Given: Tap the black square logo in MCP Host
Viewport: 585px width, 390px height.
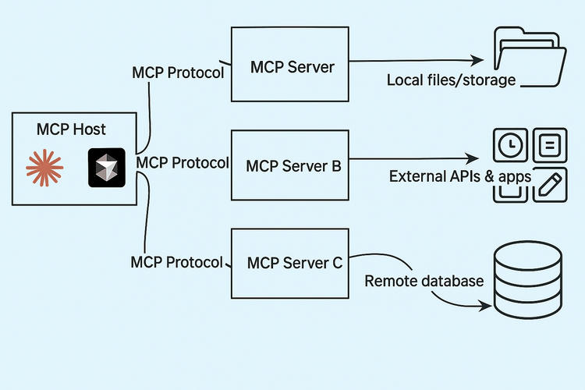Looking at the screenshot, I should click(107, 167).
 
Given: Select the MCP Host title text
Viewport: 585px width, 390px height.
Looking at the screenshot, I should click(71, 129).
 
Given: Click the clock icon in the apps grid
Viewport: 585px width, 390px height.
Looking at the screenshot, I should click(510, 145).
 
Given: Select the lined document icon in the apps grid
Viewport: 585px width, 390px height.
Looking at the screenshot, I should click(549, 145).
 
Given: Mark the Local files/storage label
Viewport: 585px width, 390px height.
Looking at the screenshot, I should click(451, 80).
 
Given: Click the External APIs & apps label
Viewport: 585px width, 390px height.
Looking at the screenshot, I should click(459, 177).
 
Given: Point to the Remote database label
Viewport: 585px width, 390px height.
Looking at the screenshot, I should click(424, 281).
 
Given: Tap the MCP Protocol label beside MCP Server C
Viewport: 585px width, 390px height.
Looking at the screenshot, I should click(177, 262).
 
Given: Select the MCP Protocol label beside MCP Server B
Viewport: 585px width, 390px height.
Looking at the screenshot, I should click(182, 162).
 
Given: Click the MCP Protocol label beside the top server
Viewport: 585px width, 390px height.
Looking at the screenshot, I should click(177, 73).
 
